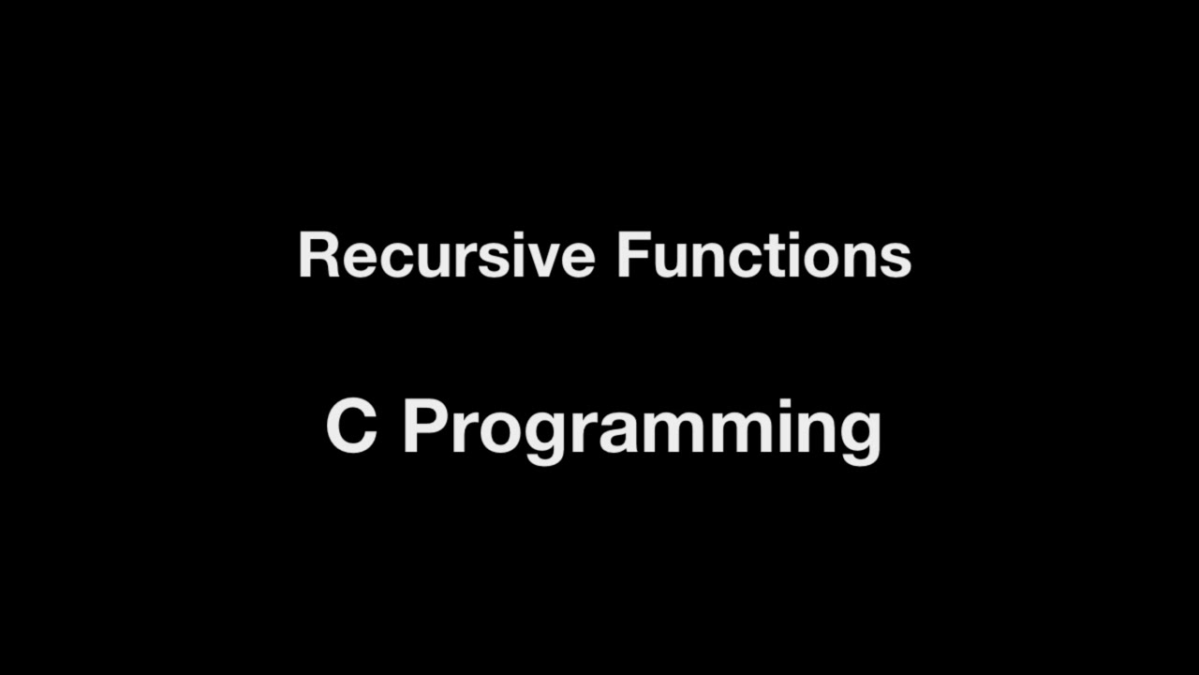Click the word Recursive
point(446,256)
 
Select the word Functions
point(763,256)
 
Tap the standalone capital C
point(351,427)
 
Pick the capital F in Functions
point(630,256)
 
